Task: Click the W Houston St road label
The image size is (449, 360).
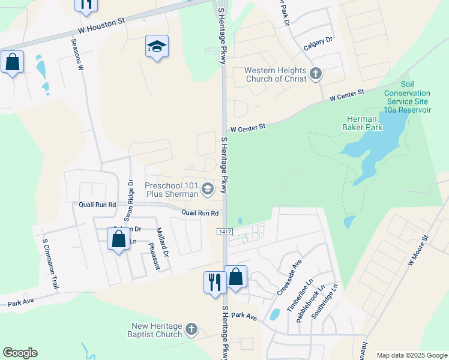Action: pos(101,24)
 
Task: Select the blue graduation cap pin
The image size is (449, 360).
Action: pos(157,46)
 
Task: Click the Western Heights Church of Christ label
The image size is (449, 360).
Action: pos(276,74)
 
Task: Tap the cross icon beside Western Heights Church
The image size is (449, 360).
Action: pos(316,74)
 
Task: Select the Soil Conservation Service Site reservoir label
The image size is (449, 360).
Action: pos(407,97)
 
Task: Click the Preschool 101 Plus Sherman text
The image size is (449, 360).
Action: pos(172,190)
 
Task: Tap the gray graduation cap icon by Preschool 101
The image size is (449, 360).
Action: pos(208,190)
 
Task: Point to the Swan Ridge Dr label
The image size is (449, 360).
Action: pos(128,199)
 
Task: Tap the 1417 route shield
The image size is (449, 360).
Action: pos(224,231)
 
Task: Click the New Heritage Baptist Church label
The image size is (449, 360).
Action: pos(157,330)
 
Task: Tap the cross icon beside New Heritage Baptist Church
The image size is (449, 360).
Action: pos(191,329)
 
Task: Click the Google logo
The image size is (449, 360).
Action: pos(20,353)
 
